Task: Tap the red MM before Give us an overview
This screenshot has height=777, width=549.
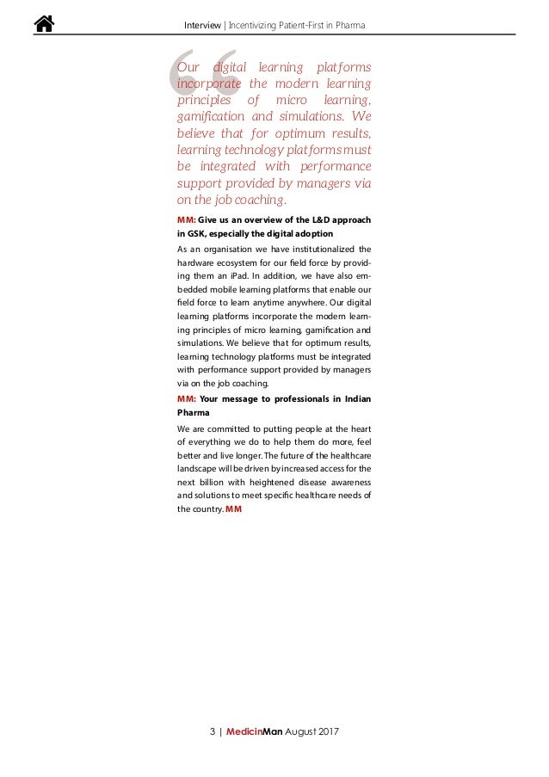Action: click(x=186, y=219)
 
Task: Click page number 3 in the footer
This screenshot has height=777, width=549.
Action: click(x=212, y=731)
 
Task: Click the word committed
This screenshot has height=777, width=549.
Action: click(x=225, y=427)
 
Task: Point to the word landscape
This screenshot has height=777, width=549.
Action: click(x=197, y=468)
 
